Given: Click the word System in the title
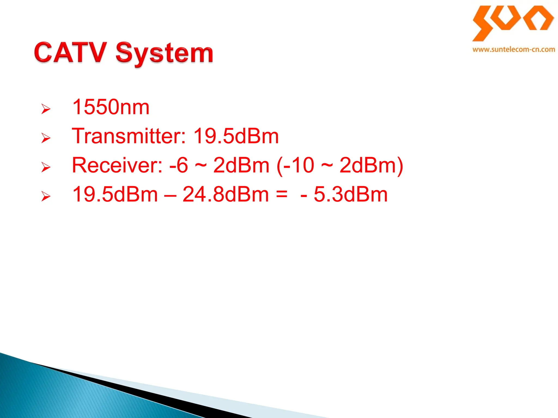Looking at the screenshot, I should pos(164,53).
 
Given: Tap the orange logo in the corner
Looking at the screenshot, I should pos(513,23).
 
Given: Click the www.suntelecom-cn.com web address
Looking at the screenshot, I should pos(514,50).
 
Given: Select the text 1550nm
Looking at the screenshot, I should pos(111,107).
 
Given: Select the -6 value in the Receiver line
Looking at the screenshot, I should pos(179,165).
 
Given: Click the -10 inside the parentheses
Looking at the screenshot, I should pos(299,165).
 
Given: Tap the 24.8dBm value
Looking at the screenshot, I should pos(226,194).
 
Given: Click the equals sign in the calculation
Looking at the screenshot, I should pos(281,194).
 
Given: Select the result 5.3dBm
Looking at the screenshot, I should pos(350,194).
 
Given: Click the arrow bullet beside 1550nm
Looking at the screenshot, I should pos(46,109).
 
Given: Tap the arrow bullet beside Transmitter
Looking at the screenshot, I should pos(46,138).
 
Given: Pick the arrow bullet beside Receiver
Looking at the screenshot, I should pos(46,167).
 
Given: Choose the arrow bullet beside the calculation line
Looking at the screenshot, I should pos(46,196).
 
